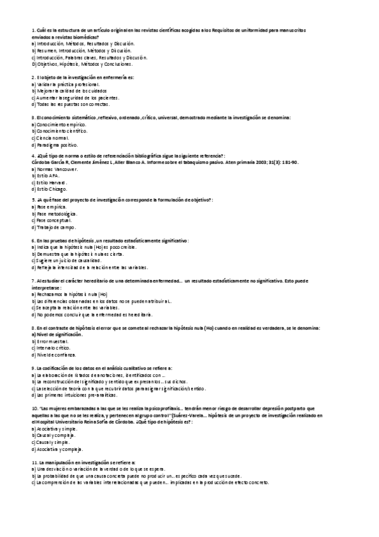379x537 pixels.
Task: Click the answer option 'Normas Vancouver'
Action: click(57, 170)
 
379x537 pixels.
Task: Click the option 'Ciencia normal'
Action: click(52, 137)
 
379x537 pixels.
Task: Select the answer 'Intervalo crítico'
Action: click(55, 348)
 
